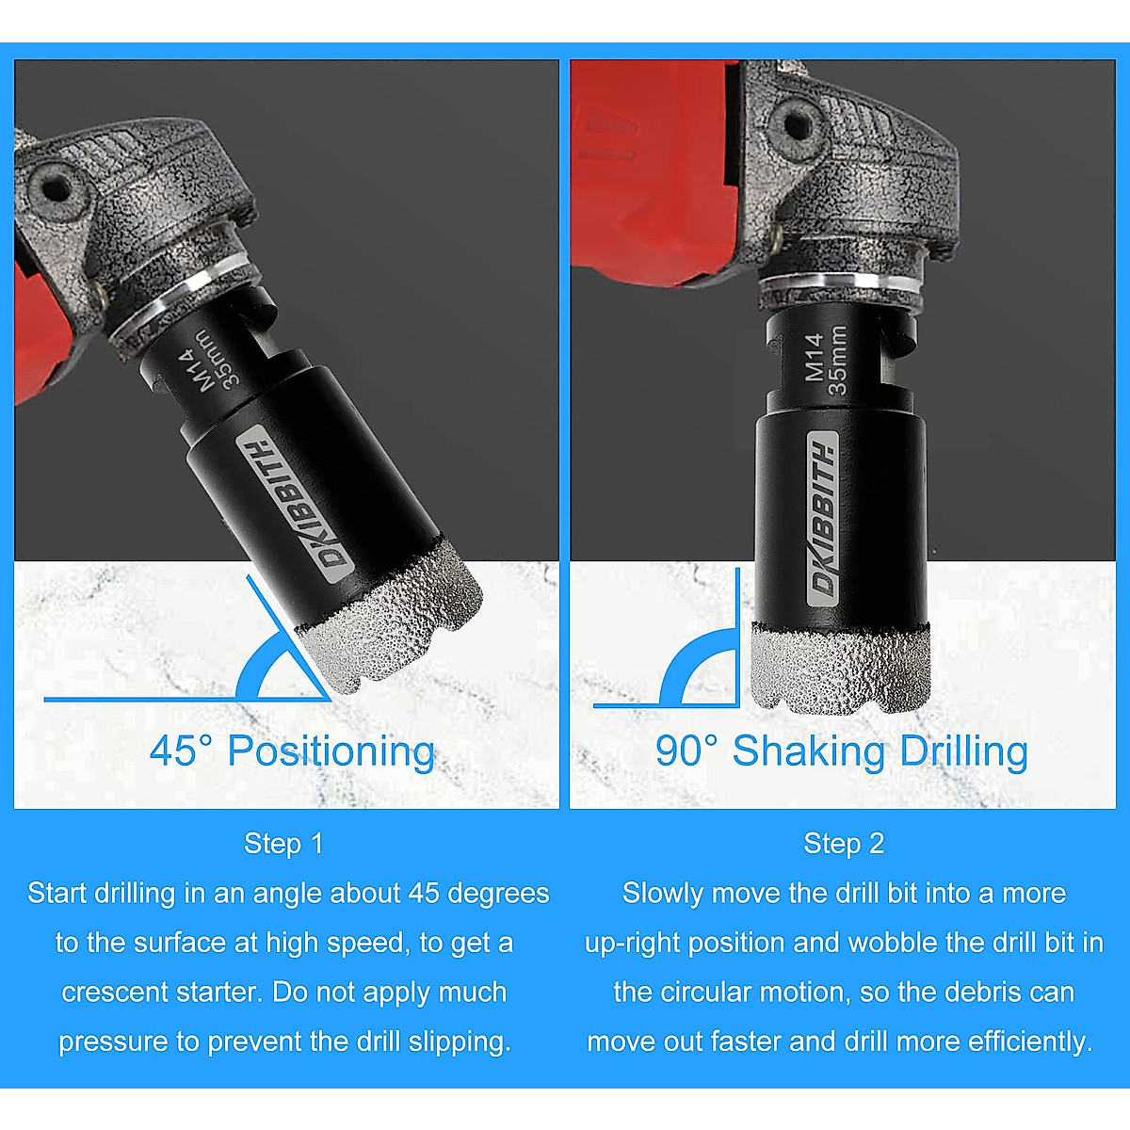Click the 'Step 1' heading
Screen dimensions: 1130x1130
(282, 844)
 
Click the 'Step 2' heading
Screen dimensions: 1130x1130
(844, 844)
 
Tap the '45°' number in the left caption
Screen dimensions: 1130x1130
(182, 751)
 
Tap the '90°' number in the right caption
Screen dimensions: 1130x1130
(687, 751)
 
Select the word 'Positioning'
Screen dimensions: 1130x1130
(331, 751)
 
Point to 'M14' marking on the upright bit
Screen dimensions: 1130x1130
(815, 356)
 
